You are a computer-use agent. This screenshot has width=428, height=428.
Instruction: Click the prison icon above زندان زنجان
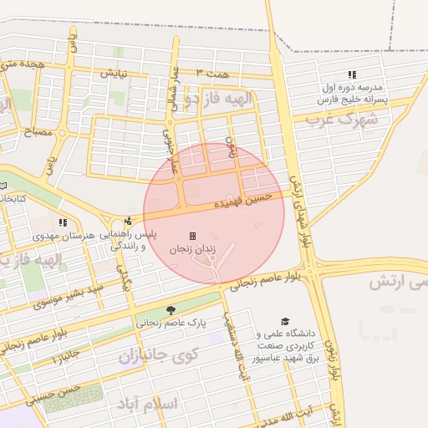(193, 236)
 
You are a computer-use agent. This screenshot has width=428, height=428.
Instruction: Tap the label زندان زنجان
(193, 249)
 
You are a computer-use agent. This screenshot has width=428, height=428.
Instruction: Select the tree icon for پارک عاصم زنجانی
(171, 309)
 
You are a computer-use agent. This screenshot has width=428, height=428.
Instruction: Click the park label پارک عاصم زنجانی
(171, 322)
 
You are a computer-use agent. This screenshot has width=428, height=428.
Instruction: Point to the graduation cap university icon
(284, 321)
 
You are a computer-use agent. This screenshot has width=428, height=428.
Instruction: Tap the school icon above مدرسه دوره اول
(351, 74)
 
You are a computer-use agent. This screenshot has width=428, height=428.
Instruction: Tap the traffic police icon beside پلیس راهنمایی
(128, 221)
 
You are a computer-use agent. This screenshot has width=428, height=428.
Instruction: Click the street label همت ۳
(211, 74)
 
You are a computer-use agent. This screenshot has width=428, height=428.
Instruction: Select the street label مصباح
(38, 132)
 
